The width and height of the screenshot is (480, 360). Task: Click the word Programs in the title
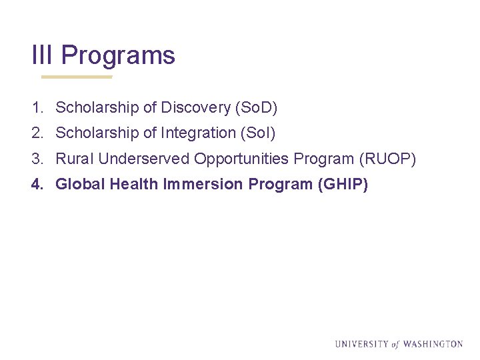[x=118, y=55]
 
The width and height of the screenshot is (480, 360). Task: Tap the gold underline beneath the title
[x=77, y=77]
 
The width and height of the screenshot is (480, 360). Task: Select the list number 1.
[x=36, y=107]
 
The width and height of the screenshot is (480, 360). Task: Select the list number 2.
[x=36, y=133]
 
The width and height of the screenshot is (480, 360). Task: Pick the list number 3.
[x=36, y=159]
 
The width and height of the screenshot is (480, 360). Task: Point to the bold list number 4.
[x=37, y=184]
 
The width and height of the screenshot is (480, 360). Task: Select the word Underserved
[x=143, y=159]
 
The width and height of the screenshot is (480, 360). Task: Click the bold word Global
[x=80, y=184]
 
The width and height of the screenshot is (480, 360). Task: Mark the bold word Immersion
[x=203, y=184]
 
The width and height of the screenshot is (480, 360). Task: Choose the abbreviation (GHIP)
[x=344, y=184]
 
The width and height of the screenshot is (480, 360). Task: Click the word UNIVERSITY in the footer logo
[x=361, y=344]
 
